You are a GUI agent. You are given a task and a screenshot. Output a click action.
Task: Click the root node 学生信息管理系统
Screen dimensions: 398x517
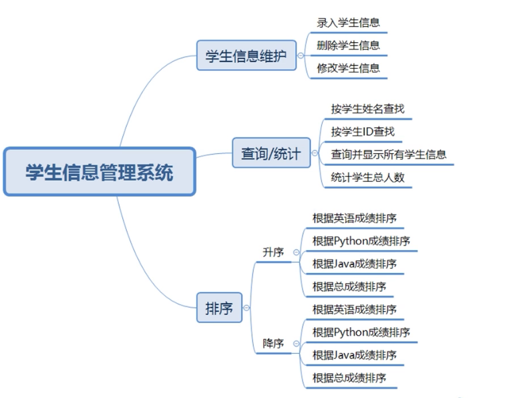pos(100,172)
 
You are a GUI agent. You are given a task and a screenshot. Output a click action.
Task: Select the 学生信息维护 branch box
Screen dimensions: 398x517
pos(246,56)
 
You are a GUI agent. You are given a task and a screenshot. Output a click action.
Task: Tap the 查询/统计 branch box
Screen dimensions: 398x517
pos(271,155)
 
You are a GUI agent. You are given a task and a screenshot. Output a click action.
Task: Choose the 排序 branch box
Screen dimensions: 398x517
pos(219,308)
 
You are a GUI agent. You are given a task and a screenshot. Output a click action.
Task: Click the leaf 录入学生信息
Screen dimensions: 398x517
pos(348,22)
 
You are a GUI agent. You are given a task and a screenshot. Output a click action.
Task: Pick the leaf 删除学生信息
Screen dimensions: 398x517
pos(348,45)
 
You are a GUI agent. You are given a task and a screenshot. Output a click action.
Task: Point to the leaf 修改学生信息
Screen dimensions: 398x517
pos(348,68)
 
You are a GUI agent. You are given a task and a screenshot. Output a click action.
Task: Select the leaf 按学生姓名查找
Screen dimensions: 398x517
pos(367,108)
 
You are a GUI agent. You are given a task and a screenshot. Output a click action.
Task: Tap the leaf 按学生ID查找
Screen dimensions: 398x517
pos(363,132)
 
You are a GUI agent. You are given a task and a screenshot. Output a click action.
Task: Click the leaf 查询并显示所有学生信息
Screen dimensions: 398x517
pos(388,155)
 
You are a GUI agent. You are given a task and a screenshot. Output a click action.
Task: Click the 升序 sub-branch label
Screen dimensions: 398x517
pos(273,252)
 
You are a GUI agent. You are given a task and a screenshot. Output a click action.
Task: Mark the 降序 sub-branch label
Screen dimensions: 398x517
pos(273,343)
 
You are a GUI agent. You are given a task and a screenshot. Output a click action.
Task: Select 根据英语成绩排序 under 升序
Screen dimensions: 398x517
pos(354,218)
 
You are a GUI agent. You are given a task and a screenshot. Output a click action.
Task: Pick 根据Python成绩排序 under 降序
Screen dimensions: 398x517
pos(361,332)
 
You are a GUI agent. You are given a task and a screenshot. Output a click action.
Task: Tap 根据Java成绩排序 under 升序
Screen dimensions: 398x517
pos(354,264)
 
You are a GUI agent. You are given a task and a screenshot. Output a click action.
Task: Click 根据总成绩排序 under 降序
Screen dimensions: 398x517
pos(349,377)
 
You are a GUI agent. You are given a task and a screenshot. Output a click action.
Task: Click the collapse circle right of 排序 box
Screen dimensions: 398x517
pos(246,308)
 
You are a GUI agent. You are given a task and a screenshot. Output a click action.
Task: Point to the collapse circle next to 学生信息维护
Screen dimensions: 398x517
pos(301,56)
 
